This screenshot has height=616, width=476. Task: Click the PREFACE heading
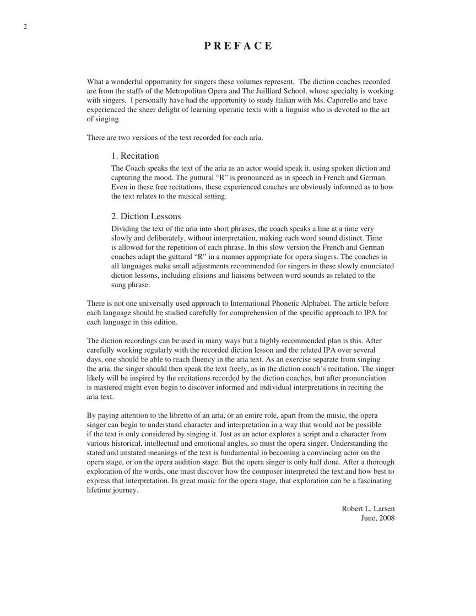click(x=238, y=46)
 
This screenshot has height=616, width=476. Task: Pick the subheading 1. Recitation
click(x=135, y=156)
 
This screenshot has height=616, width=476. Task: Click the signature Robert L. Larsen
click(x=368, y=509)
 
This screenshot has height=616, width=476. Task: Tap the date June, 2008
click(x=377, y=518)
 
